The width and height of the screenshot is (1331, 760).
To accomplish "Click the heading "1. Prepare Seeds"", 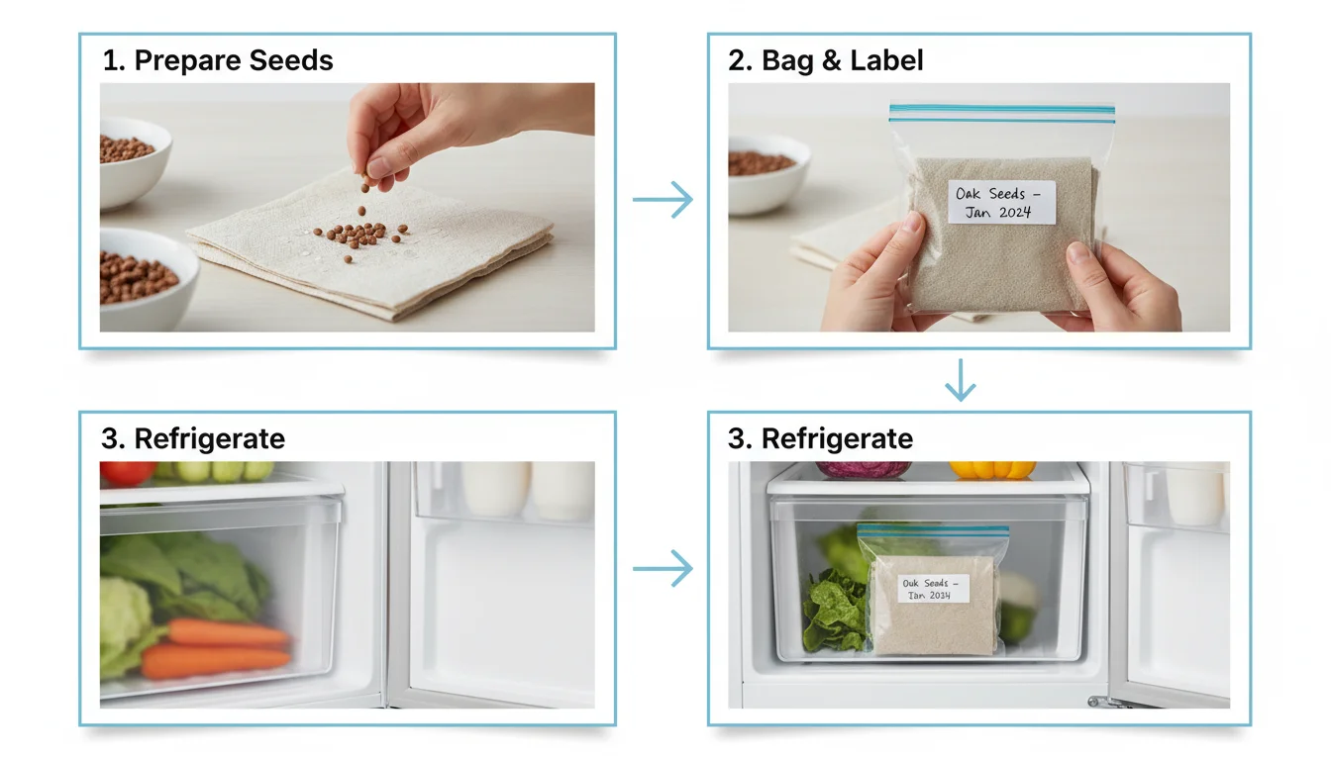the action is tap(218, 60).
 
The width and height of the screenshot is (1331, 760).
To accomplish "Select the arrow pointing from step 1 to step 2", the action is tap(663, 199).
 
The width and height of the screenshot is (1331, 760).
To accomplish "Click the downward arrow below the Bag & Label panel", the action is tap(961, 380).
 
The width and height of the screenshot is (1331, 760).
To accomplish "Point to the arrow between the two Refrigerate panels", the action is tap(663, 568).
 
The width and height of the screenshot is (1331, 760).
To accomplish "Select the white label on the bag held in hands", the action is tap(1001, 202).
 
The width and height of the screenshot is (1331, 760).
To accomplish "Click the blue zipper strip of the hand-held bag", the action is tap(1002, 114).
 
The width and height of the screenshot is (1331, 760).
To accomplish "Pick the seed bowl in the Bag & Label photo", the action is tap(768, 173).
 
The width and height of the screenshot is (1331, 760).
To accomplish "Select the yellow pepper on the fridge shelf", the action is tap(991, 470).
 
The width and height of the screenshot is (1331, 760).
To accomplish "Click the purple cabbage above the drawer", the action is tap(864, 469).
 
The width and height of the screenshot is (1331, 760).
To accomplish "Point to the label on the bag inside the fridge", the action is tap(934, 589).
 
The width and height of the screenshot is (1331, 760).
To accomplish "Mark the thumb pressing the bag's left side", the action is tap(906, 235).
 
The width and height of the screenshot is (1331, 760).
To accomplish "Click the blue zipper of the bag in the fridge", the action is tap(933, 529).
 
